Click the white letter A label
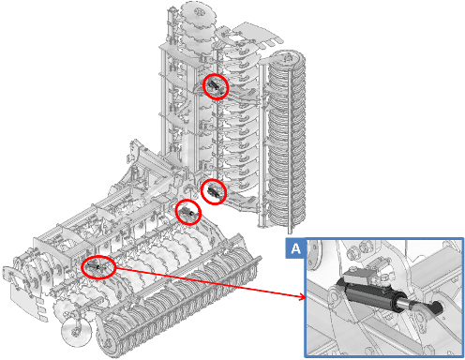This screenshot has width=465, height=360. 295,248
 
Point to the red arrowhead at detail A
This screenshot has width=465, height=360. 303,296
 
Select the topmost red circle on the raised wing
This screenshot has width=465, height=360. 216,87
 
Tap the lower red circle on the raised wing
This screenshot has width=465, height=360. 214,191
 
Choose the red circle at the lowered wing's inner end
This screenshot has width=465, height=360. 188,212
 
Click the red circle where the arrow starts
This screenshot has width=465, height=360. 98,267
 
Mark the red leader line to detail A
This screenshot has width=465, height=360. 209,282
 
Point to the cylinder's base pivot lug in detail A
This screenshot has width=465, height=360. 335,298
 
